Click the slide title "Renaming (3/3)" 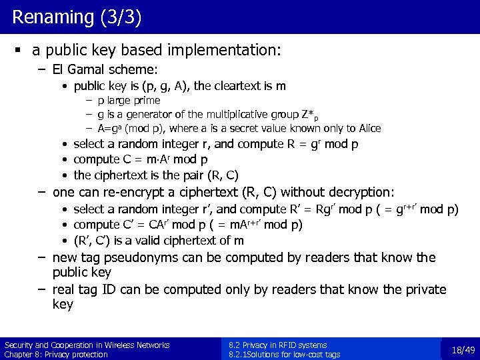tap(77, 17)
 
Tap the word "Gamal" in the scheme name tap(81, 69)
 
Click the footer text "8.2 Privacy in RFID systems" tap(278, 345)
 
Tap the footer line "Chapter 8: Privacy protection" tap(56, 354)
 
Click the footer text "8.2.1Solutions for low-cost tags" tap(284, 354)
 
